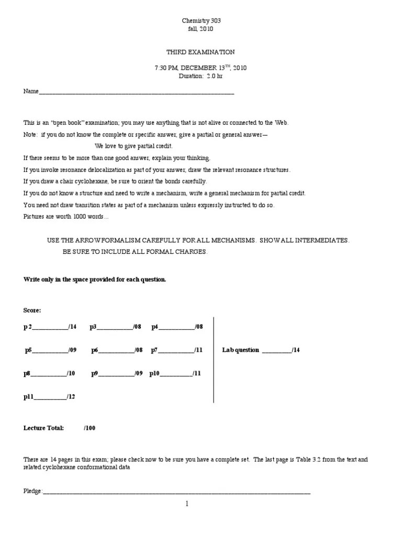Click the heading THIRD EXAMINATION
(201, 52)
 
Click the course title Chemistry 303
(201, 20)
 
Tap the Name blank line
(136, 92)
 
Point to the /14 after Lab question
(296, 350)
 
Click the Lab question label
(241, 350)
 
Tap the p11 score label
(28, 397)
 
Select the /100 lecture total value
(90, 428)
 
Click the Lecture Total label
(43, 428)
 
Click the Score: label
(32, 310)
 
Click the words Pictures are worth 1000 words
(66, 217)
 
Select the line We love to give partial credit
(133, 146)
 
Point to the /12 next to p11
(71, 397)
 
